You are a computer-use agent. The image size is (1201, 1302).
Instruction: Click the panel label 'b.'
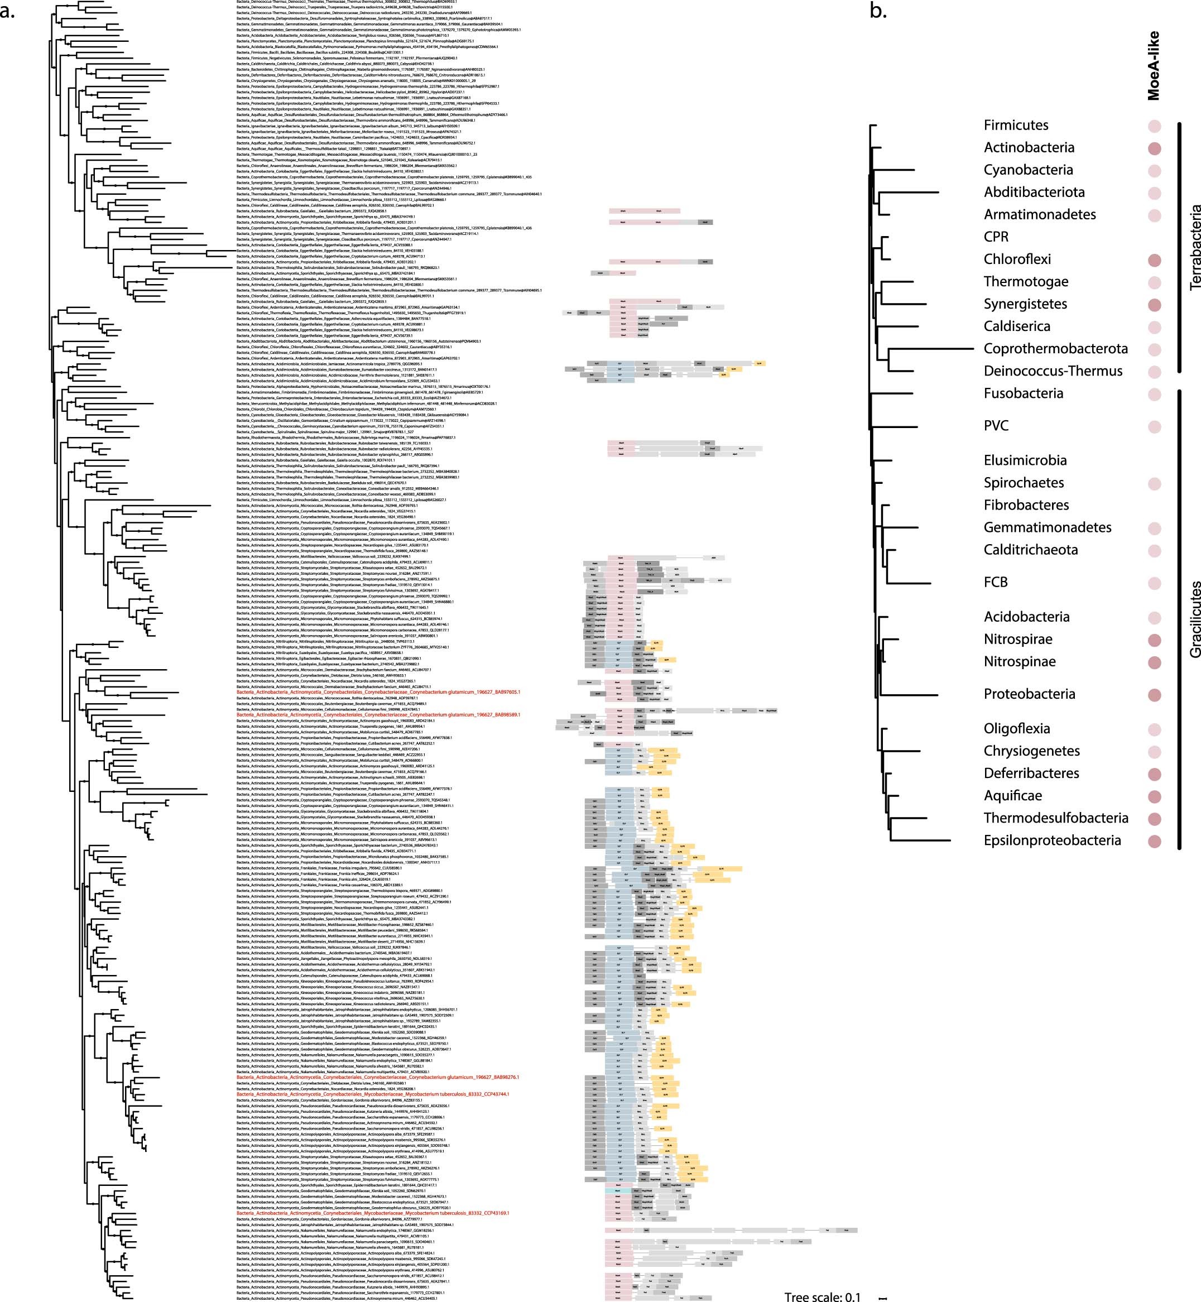coord(878,11)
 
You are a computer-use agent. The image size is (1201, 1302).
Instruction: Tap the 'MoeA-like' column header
coord(1154,66)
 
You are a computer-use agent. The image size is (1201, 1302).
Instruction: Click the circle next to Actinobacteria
coord(1154,149)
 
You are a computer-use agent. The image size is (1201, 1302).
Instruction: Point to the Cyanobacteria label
coord(1028,170)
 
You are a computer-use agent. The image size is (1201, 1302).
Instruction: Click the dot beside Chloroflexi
coord(1154,260)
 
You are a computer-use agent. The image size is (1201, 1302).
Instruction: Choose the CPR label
coord(996,237)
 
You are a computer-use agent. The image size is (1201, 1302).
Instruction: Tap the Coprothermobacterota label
coord(1055,348)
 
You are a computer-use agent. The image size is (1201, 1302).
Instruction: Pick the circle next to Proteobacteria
coord(1154,695)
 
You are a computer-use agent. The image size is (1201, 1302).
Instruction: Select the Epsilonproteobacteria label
coord(1052,840)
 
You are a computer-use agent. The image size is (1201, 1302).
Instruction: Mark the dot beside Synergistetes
coord(1154,305)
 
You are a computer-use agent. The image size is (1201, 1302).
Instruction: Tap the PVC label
coord(996,426)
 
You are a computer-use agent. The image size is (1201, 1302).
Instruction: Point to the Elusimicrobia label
coord(1025,460)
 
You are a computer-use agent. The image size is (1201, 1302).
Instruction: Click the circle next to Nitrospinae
coord(1154,662)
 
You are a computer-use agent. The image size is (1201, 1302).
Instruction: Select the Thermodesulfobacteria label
coord(1055,818)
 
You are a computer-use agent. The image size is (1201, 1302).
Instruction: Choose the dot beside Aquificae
coord(1154,796)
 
